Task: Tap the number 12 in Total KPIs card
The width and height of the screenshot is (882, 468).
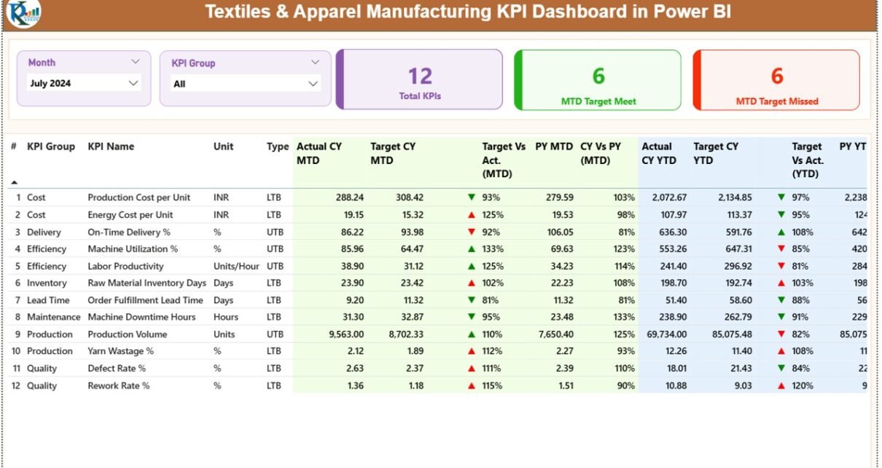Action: pyautogui.click(x=420, y=76)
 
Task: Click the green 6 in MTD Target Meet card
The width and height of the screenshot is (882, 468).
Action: pyautogui.click(x=598, y=76)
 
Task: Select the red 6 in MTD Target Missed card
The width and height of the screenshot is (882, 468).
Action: pyautogui.click(x=777, y=76)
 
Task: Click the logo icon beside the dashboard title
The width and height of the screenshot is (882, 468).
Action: pyautogui.click(x=23, y=12)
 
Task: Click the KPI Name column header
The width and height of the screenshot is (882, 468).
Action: pyautogui.click(x=111, y=147)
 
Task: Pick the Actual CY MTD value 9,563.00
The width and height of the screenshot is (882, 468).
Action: pyautogui.click(x=341, y=335)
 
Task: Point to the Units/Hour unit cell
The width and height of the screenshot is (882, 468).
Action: pyautogui.click(x=236, y=267)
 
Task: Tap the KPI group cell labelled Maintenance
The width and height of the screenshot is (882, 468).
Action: pyautogui.click(x=54, y=317)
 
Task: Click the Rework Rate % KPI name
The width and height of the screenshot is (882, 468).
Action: pyautogui.click(x=119, y=386)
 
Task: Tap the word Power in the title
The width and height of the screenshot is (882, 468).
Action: pyautogui.click(x=678, y=12)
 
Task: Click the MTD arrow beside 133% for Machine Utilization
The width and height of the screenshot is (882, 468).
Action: pyautogui.click(x=472, y=249)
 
